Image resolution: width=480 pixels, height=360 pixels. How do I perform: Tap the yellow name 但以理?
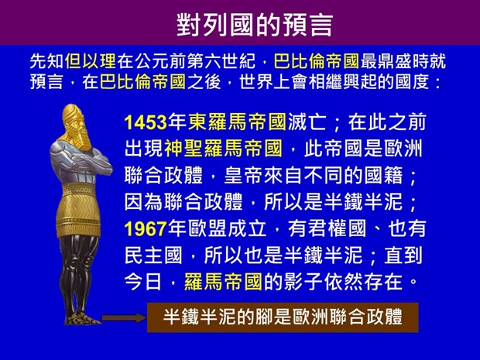pos(87,60)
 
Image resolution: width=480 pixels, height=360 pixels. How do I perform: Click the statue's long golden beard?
pos(84,139)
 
